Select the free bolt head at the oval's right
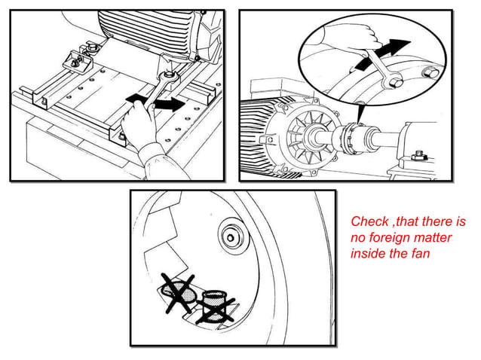tap(432, 73)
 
